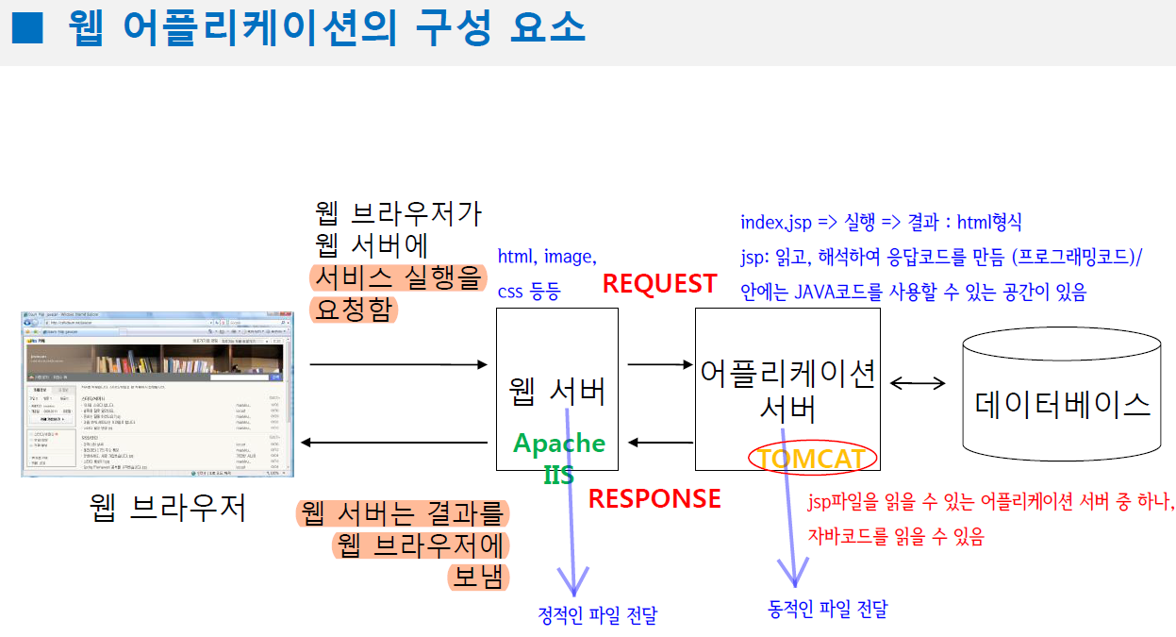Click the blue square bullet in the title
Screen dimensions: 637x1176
26,29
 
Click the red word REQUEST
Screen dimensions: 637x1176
659,283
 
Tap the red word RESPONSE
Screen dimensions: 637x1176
654,498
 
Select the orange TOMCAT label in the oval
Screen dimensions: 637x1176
812,459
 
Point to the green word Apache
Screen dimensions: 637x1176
559,443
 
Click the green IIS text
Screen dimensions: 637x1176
559,474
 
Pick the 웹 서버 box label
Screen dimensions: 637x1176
557,391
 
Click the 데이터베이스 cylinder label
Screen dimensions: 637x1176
1063,404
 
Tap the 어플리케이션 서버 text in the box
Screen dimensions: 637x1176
788,389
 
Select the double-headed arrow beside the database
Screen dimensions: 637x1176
918,382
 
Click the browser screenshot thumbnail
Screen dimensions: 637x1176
157,393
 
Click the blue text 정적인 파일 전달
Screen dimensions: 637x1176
597,616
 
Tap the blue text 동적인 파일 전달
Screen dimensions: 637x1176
828,610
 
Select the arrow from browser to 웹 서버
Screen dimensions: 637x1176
397,363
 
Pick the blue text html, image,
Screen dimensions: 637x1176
547,256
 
